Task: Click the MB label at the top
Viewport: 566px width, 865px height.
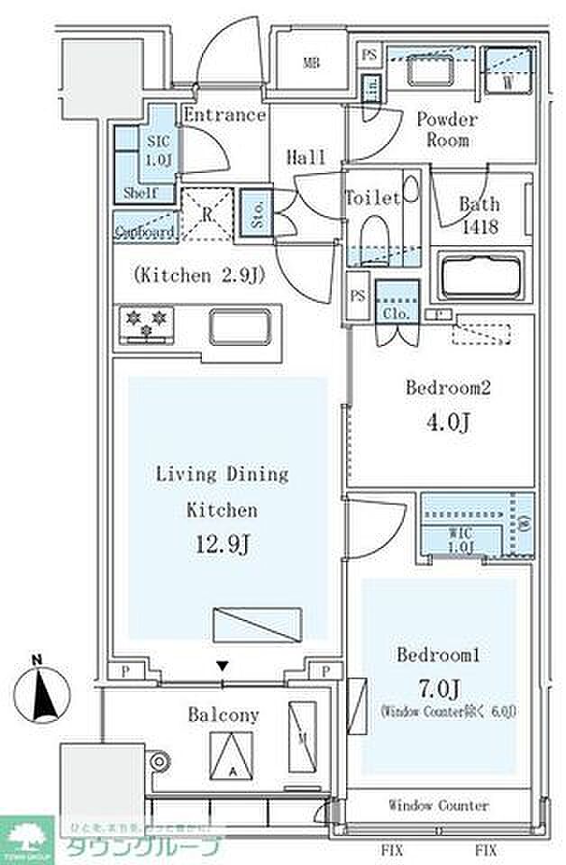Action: tap(311, 63)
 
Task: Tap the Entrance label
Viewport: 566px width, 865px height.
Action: tap(225, 115)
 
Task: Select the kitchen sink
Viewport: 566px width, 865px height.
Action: tap(240, 325)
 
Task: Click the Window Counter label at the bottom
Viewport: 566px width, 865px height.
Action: tap(439, 805)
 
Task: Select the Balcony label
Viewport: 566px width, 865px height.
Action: tap(223, 715)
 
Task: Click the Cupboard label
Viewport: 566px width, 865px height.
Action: tap(144, 232)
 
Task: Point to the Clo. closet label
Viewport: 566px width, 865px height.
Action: tap(397, 314)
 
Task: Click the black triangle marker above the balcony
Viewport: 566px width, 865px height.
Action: tap(224, 667)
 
